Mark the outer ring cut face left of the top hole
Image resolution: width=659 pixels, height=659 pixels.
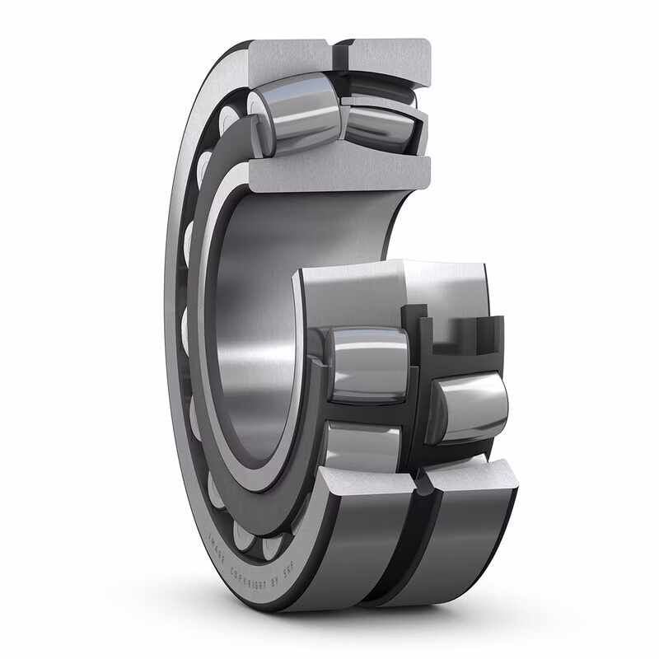click(288, 56)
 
